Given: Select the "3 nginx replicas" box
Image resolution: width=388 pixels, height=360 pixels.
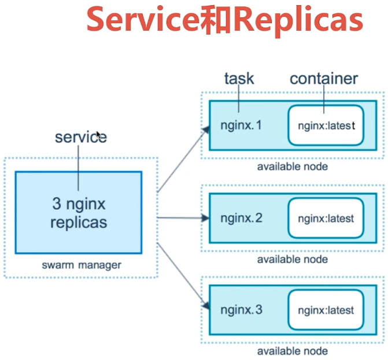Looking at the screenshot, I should (79, 212).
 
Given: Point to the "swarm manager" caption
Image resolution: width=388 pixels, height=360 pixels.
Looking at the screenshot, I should (82, 265).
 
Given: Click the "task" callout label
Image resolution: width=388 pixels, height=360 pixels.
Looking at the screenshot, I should (239, 78).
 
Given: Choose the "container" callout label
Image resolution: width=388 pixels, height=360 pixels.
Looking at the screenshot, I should (323, 79).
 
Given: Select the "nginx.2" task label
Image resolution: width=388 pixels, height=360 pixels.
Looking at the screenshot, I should (242, 218).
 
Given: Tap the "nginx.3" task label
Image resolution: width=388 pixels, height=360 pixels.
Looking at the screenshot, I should (242, 309).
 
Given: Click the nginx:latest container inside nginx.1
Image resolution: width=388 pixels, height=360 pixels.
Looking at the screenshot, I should (326, 125).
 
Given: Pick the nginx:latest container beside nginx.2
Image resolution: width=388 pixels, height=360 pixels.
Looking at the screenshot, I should (326, 218).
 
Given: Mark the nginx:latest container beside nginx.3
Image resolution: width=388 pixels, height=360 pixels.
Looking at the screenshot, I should (326, 310).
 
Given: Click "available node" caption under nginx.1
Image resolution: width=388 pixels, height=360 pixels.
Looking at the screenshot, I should (293, 167).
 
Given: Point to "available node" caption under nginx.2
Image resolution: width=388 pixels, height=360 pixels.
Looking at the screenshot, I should (293, 259).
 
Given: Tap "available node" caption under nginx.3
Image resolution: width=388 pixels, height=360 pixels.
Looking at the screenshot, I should (293, 351).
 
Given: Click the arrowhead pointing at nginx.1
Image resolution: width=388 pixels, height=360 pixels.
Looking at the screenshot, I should (205, 131).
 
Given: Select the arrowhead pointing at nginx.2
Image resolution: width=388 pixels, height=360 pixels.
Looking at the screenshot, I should (205, 218).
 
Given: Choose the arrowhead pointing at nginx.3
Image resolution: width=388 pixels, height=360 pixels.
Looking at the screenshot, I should (205, 305).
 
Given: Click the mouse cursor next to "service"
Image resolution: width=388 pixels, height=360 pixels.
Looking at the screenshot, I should (99, 135).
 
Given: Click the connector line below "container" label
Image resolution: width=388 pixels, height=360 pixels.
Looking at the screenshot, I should (324, 99).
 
